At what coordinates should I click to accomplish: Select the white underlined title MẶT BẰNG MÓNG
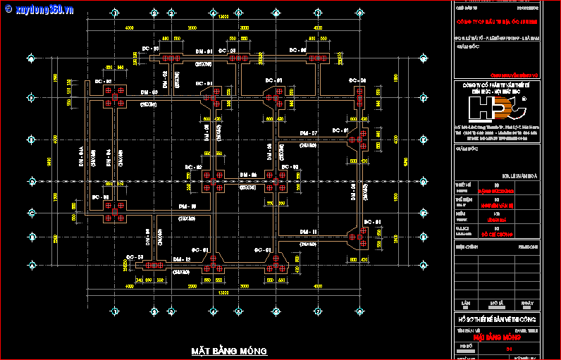229,350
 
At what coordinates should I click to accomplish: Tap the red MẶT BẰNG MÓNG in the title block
495,337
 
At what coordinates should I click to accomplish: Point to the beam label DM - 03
148,92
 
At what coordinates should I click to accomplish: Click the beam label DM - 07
308,133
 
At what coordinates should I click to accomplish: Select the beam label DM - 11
308,232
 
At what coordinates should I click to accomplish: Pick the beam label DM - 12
182,260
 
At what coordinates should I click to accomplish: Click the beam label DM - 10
187,206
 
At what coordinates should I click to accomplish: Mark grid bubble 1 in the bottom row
113,311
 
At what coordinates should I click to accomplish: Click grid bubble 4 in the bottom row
213,311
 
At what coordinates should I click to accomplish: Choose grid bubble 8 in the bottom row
359,311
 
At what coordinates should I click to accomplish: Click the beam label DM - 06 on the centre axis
248,174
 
